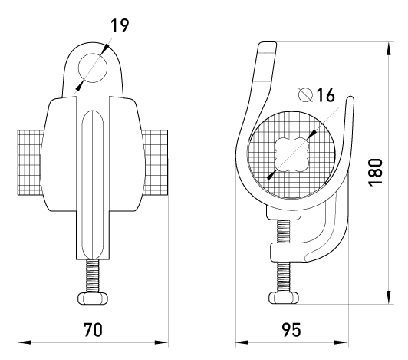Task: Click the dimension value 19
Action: pos(120,26)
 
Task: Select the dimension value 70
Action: pos(93,330)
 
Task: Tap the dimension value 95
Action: pos(291,330)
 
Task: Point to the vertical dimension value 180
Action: pos(376,172)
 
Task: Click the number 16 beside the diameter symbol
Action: pos(325,95)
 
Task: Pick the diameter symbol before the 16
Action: pos(305,94)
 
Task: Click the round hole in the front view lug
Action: pos(93,68)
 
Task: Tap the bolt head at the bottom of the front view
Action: pos(93,299)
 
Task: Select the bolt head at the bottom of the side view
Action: pos(284,298)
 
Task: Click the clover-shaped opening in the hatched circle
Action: pos(291,156)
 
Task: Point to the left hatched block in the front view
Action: pos(30,162)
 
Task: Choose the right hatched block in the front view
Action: pos(155,162)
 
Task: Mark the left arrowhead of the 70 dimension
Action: pos(25,342)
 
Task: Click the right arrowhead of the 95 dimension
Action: pos(341,342)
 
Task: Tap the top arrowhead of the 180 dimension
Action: pos(389,49)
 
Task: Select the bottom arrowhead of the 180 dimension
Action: pos(389,297)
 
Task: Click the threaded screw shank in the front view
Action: pos(93,276)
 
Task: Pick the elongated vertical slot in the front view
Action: pos(93,184)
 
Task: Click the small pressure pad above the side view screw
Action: pos(284,213)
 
